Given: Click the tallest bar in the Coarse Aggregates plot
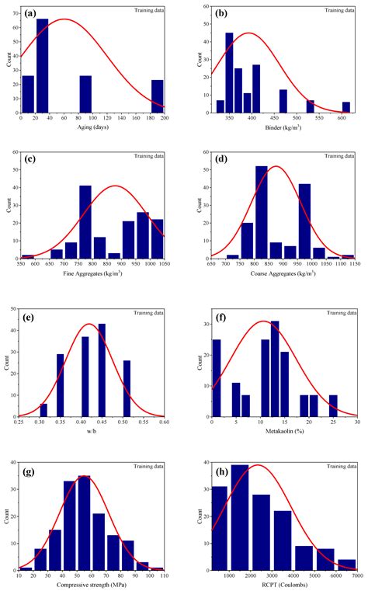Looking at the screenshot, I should [x=261, y=211].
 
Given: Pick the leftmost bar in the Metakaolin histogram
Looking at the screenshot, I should [x=216, y=378].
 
